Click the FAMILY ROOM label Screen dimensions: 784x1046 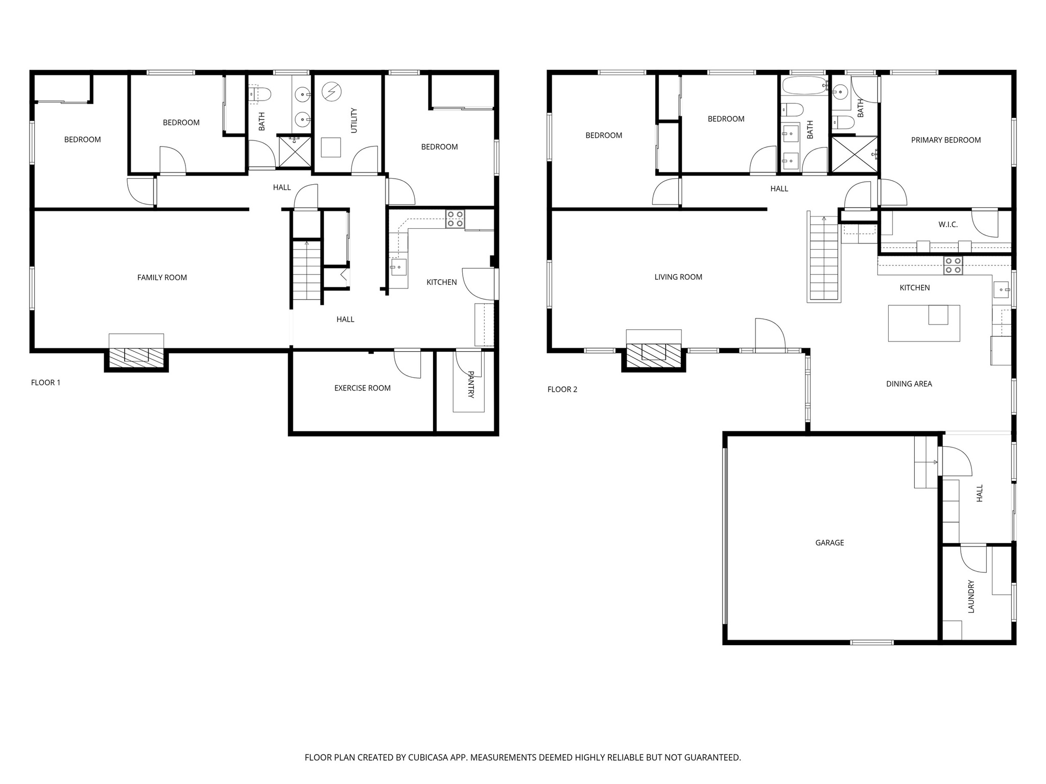pos(162,278)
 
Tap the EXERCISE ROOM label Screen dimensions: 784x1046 pos(362,388)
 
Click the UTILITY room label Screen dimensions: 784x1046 pos(354,120)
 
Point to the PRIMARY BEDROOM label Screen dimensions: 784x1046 pos(946,140)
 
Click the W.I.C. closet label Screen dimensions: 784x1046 pos(948,225)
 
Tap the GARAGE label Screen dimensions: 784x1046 pos(829,543)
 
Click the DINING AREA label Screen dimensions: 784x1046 pos(909,384)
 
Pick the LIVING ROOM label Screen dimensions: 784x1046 pos(678,277)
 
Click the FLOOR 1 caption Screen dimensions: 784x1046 pos(45,383)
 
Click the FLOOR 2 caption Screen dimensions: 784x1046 pos(562,389)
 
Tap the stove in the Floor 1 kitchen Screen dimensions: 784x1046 pos(455,219)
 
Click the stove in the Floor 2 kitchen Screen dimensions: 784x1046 pos(953,265)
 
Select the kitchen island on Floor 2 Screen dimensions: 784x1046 pos(923,324)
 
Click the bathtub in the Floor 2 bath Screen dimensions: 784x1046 pos(804,85)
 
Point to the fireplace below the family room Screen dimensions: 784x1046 pos(136,355)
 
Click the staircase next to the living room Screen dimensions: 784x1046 pos(824,258)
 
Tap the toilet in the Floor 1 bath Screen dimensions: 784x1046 pos(261,94)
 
